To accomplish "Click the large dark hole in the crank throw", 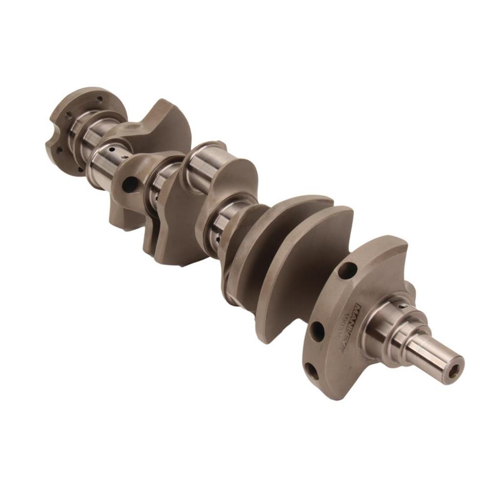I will pos(130,184).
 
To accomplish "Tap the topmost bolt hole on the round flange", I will pos(100,99).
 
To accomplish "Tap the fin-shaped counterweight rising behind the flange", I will pos(169,122).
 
